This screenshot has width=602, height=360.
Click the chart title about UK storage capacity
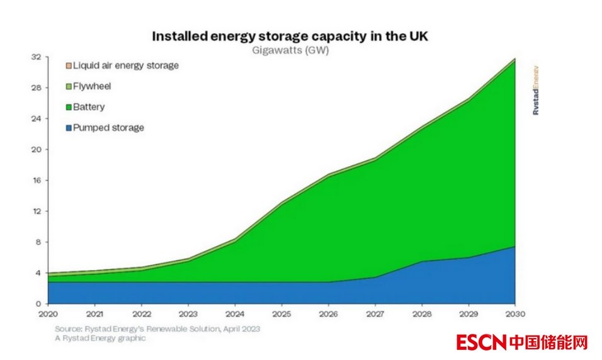pos(290,36)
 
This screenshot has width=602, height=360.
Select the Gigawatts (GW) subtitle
pos(290,50)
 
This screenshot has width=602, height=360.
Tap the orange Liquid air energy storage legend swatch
pos(69,65)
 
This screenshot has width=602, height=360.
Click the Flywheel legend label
pos(92,86)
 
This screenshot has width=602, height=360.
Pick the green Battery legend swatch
pos(69,107)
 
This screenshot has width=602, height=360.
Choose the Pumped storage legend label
pos(108,128)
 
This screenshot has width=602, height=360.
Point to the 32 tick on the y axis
pos(37,57)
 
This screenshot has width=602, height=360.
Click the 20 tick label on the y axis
pos(37,150)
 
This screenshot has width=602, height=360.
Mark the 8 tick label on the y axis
pos(38,242)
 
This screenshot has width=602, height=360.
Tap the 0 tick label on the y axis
pos(38,304)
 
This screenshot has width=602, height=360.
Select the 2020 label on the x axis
pos(48,313)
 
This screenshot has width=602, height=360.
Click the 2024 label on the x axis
pos(235,313)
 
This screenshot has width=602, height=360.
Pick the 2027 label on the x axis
pos(375,313)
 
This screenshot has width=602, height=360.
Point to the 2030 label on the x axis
pos(515,313)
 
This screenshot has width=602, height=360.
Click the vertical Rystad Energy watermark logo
pos(536,89)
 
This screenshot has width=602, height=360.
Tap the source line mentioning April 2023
pos(157,329)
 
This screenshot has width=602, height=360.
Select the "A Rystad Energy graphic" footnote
pos(100,338)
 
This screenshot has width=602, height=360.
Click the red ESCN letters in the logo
pos(482,343)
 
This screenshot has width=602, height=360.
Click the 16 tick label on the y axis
pos(37,181)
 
